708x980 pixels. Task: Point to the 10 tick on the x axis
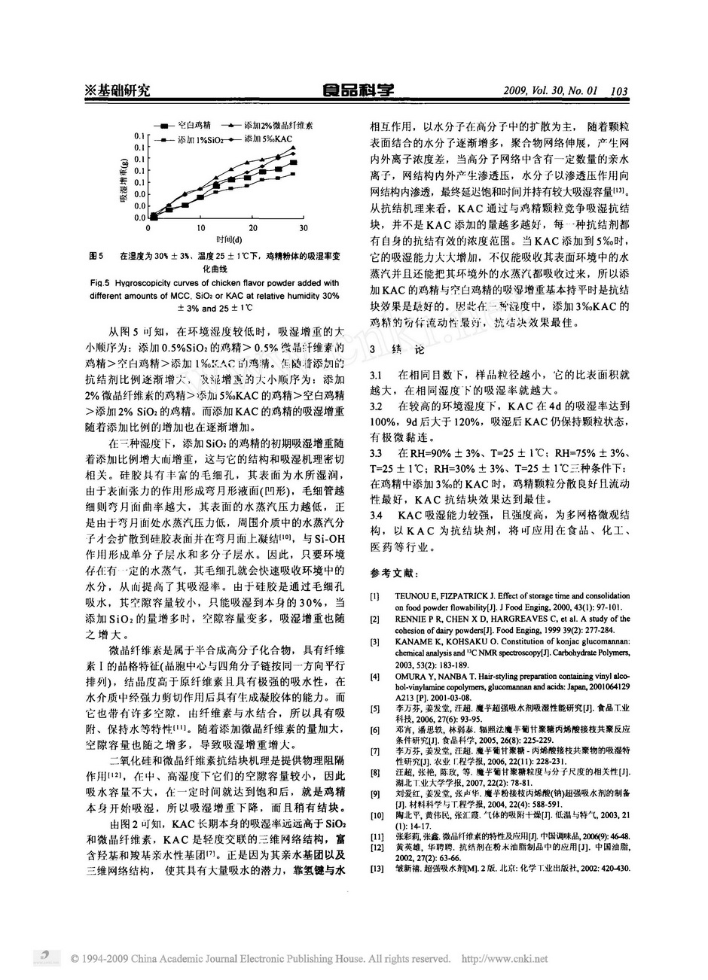point(200,227)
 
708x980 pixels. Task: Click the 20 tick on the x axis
point(252,227)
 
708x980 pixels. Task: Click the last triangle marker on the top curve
point(294,148)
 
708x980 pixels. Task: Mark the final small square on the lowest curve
point(294,174)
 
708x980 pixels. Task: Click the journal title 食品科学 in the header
point(359,90)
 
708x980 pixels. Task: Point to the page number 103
point(620,91)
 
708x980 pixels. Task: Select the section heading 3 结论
point(396,351)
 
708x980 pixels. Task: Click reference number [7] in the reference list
point(374,751)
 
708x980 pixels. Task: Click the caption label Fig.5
point(99,284)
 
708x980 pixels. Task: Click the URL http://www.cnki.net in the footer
point(504,958)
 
